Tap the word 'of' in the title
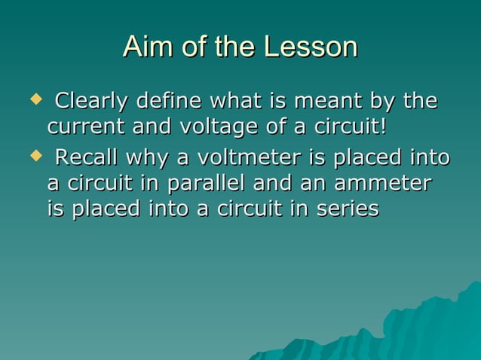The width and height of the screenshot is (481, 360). [x=192, y=47]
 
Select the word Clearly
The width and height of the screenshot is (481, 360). [x=91, y=100]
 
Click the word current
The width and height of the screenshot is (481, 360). [x=87, y=125]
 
